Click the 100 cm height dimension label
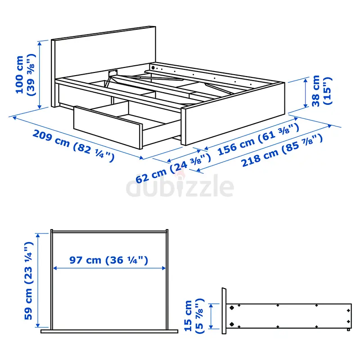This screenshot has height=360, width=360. point(26,75)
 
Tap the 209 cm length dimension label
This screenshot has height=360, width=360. point(73,145)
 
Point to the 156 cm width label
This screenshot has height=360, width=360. point(258,139)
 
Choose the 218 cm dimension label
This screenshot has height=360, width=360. point(282,151)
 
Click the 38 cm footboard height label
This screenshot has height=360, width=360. point(322,91)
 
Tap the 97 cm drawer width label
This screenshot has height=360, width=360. point(108,260)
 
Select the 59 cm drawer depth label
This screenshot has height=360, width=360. point(29,280)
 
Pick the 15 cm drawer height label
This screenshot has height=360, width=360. point(194,316)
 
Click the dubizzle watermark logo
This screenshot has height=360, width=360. point(180,185)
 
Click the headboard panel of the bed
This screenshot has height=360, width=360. point(103,58)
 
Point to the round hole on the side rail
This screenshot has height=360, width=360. point(153,68)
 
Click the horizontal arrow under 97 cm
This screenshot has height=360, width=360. point(109,268)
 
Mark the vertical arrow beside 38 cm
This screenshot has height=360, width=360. point(306,93)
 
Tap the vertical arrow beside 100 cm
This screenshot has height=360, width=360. point(40,75)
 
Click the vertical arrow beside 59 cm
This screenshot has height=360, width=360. point(38,280)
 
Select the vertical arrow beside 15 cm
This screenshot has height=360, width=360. point(211,316)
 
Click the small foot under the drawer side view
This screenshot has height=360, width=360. point(348,329)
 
